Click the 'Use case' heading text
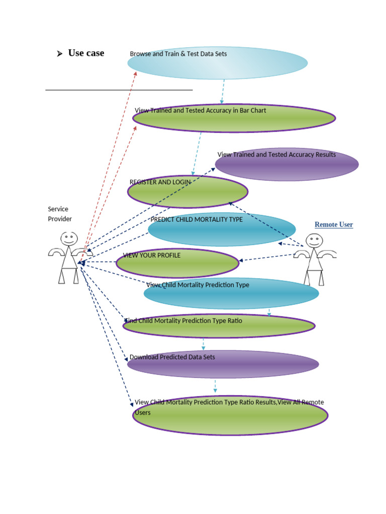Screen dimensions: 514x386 (86, 53)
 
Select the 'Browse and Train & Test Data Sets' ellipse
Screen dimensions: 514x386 (217, 63)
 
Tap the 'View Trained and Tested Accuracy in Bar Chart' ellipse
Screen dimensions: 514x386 (234, 118)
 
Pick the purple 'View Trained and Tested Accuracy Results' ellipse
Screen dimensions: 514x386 (286, 165)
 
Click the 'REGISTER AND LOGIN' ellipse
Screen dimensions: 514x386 (187, 192)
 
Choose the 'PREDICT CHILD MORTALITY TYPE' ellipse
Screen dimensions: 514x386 (222, 229)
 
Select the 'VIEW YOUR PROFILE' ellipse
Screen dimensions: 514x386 (177, 263)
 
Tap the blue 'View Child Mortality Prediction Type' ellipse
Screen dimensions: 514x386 (231, 294)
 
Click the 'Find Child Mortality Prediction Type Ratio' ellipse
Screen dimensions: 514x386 (219, 326)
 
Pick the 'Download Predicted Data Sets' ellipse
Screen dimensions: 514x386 (223, 364)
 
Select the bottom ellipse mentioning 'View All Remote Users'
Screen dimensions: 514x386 (230, 415)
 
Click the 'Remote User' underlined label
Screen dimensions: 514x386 (334, 224)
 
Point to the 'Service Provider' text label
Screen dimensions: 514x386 (60, 214)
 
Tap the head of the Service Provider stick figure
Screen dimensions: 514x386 (69, 238)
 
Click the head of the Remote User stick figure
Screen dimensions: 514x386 (315, 241)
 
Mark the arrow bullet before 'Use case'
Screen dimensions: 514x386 (59, 54)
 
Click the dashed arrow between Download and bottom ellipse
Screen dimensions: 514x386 (215, 385)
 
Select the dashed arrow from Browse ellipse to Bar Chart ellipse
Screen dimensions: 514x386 (222, 91)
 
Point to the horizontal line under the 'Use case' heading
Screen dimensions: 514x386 (119, 90)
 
